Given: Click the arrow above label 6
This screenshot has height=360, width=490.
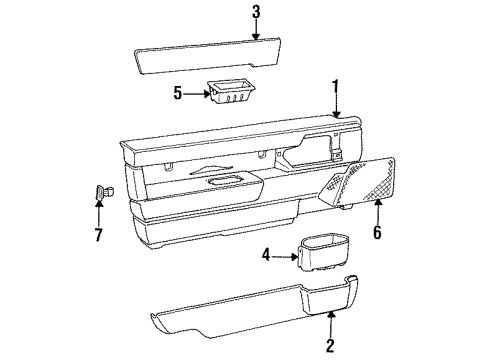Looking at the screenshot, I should point(379,206).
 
